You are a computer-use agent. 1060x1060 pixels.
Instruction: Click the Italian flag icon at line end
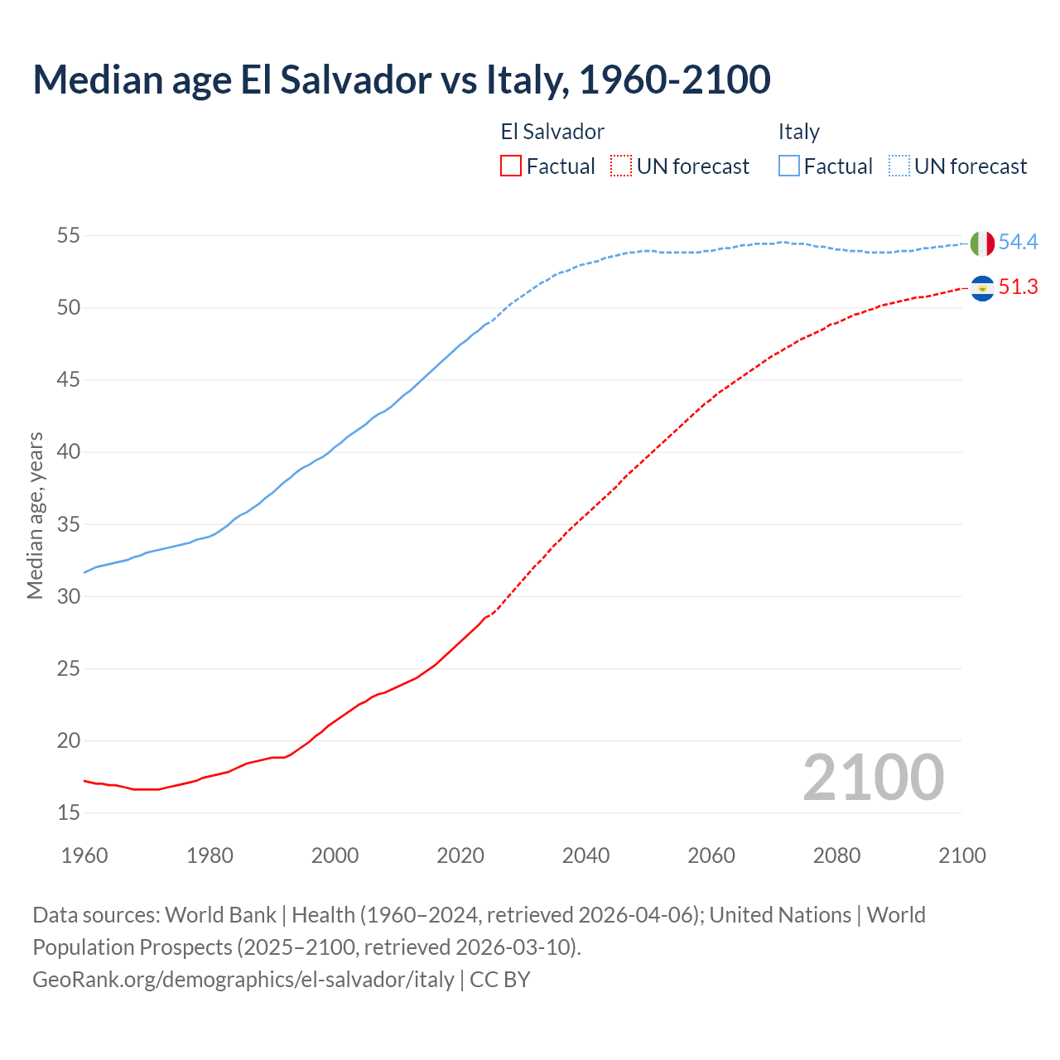(982, 243)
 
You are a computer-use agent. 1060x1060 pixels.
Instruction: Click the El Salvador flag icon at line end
(982, 288)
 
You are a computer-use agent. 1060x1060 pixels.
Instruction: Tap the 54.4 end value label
(1018, 243)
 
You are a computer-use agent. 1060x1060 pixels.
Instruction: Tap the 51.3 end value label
(1018, 287)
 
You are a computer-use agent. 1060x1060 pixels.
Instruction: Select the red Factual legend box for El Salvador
(511, 166)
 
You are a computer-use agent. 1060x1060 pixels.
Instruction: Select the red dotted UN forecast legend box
(621, 166)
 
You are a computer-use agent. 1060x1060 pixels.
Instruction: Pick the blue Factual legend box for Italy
(789, 166)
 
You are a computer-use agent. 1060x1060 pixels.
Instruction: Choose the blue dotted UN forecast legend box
(899, 166)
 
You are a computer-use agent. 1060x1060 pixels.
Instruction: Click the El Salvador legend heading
(552, 132)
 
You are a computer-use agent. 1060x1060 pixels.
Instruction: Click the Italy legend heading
(798, 132)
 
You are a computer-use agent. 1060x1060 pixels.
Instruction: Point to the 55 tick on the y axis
(68, 236)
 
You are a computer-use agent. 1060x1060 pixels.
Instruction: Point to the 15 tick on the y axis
(68, 813)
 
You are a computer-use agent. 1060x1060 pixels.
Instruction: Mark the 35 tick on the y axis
(68, 524)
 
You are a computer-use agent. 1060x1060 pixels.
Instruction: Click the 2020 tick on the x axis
(460, 855)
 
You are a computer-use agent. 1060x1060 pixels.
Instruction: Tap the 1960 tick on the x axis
(84, 855)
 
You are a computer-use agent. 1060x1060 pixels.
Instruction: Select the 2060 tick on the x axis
(711, 855)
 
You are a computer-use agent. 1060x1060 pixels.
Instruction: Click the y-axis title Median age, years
(35, 515)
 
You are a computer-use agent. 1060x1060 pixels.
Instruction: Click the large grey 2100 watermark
(873, 777)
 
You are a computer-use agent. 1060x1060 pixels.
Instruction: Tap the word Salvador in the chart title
(356, 79)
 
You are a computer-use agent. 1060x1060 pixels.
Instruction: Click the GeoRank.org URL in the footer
(243, 980)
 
